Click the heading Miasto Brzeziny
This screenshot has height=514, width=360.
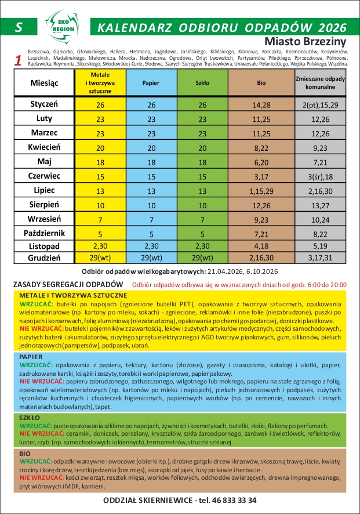click(x=304, y=42)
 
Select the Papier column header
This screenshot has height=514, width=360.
click(x=151, y=83)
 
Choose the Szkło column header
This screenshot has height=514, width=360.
click(x=202, y=83)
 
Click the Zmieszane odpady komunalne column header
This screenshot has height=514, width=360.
click(x=320, y=82)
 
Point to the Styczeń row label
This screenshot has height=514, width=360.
click(x=44, y=104)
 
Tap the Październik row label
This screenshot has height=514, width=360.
click(x=44, y=233)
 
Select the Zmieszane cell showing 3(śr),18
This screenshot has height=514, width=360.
click(x=320, y=176)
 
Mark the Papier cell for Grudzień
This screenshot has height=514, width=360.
click(x=151, y=258)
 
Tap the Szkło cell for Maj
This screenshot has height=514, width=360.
click(x=202, y=162)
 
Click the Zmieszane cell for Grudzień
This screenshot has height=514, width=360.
click(x=320, y=258)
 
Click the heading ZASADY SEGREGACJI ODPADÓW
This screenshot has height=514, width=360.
click(x=68, y=284)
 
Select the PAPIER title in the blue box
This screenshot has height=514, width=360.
click(x=31, y=357)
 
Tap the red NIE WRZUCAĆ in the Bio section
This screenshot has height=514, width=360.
click(x=37, y=477)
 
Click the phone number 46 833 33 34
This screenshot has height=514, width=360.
click(x=227, y=500)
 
